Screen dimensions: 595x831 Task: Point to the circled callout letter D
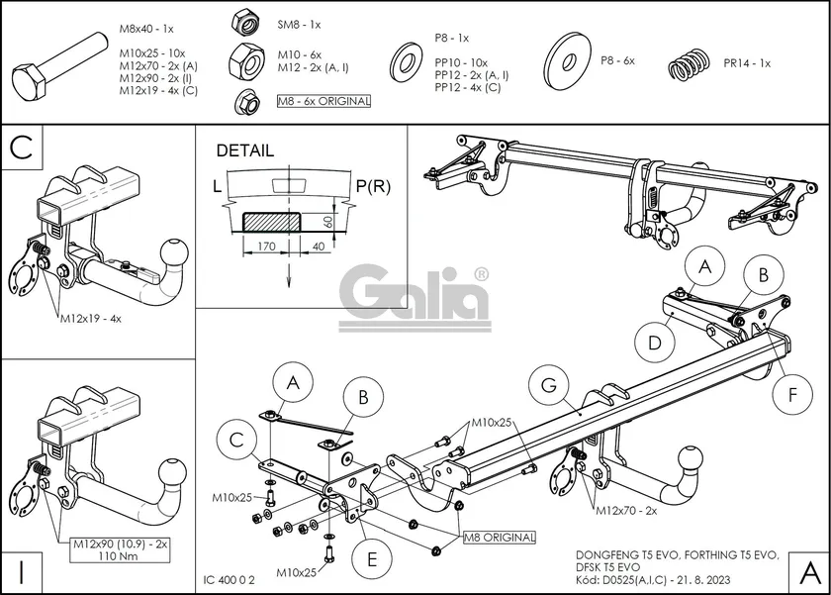[x=655, y=343]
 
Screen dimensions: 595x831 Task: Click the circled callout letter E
[x=371, y=558]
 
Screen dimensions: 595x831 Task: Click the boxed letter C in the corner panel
[x=23, y=148]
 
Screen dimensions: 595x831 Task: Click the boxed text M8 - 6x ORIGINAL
[x=323, y=101]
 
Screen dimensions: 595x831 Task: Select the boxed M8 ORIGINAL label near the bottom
[x=500, y=538]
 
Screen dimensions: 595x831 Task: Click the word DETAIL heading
[x=244, y=151]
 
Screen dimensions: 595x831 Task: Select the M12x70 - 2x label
[x=626, y=510]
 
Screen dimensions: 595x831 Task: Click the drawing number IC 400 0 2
[x=229, y=576]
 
